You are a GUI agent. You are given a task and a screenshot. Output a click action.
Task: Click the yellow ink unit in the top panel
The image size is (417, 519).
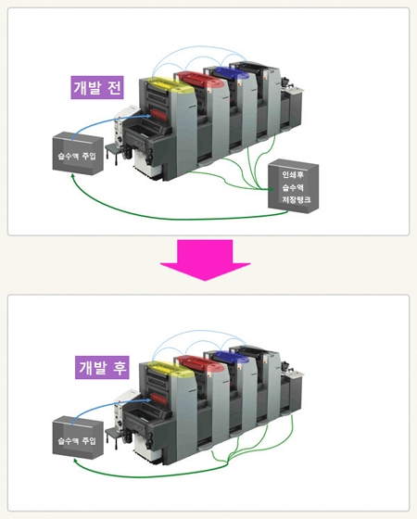[164, 88]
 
